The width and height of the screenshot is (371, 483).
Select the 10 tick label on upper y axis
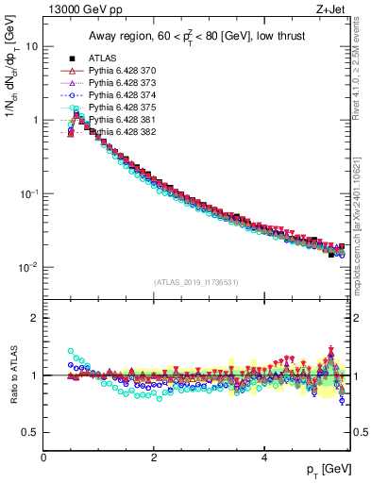tap(31, 47)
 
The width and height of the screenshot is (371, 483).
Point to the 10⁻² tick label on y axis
tap(28, 267)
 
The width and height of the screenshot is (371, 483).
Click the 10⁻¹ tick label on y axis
tap(28, 193)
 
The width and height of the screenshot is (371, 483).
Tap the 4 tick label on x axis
tap(264, 458)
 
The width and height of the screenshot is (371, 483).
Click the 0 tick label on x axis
tap(43, 458)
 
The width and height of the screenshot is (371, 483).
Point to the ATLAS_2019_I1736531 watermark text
tap(196, 282)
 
